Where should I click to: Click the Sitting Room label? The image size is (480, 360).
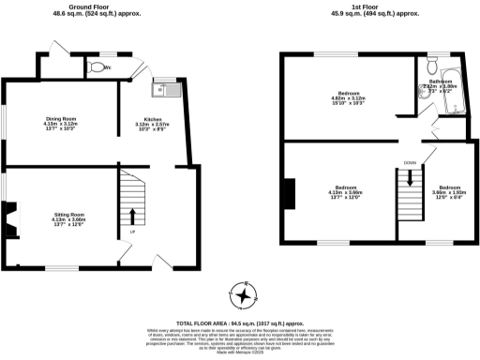pos(68,220)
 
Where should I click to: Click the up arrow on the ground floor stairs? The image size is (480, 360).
pos(131,217)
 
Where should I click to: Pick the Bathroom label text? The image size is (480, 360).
pos(442,84)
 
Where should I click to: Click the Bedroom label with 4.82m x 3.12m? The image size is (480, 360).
pos(351,97)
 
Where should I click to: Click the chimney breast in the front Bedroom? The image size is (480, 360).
pos(289,190)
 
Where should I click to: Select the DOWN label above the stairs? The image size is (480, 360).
pos(410,163)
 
